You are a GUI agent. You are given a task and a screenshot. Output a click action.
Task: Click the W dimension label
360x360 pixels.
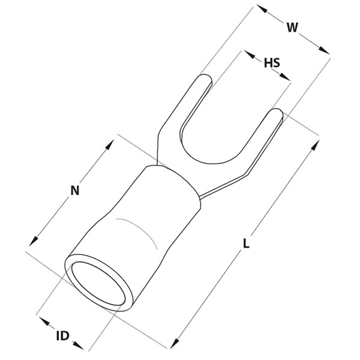[x=292, y=28]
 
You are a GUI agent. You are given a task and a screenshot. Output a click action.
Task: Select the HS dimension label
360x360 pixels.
[x=272, y=62]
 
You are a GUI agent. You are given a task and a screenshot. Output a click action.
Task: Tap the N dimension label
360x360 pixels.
[x=75, y=190]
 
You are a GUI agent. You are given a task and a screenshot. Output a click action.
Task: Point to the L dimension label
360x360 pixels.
[x=246, y=244]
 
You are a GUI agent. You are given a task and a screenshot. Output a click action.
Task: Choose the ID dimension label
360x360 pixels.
[x=62, y=336]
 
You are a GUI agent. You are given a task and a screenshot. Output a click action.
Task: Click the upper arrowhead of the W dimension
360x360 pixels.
[x=262, y=8]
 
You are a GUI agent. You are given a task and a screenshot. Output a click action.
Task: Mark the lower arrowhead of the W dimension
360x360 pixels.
[x=324, y=50]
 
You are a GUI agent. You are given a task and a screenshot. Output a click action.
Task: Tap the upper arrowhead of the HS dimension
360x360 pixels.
[x=250, y=54]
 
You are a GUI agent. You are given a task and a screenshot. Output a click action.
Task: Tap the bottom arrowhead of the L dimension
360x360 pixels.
[x=175, y=343]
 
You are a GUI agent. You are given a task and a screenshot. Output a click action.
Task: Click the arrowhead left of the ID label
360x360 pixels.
[x=44, y=321]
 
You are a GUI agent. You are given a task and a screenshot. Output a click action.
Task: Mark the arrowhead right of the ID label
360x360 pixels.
[x=78, y=346]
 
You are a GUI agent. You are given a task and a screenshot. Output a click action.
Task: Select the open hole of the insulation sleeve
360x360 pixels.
[x=98, y=284]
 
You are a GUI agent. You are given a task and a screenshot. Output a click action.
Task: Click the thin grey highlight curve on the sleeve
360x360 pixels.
[x=140, y=230]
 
